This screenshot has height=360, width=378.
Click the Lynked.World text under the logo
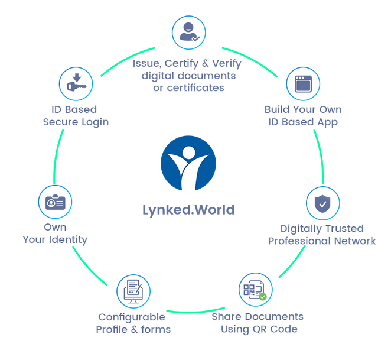(188, 210)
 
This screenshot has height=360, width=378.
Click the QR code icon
(255, 290)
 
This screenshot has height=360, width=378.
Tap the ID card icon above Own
(55, 202)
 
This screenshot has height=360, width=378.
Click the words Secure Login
(76, 122)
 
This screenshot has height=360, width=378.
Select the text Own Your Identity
(55, 233)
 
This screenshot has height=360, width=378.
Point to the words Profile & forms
(133, 330)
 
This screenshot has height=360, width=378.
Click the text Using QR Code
(258, 329)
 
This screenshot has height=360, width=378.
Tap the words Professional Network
(322, 241)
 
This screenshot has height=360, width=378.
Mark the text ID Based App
(304, 122)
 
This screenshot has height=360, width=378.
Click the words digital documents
(188, 76)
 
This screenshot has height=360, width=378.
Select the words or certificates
(188, 88)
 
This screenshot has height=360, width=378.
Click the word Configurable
(132, 317)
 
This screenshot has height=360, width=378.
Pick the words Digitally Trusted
(321, 229)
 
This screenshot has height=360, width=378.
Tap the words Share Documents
(258, 317)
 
